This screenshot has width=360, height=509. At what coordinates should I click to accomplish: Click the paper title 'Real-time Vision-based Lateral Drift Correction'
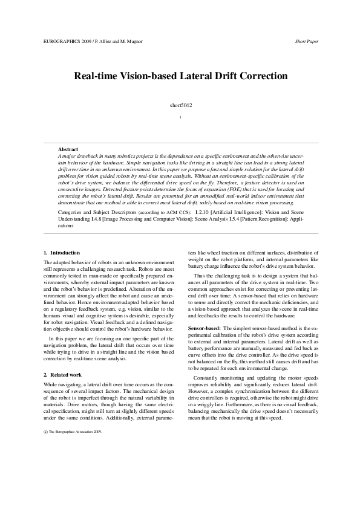tap(180, 76)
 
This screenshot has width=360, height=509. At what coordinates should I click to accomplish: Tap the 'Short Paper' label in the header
tap(306, 41)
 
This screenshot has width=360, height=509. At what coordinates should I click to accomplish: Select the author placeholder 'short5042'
tap(180, 105)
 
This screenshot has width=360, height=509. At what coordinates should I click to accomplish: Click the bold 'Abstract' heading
tap(68, 149)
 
